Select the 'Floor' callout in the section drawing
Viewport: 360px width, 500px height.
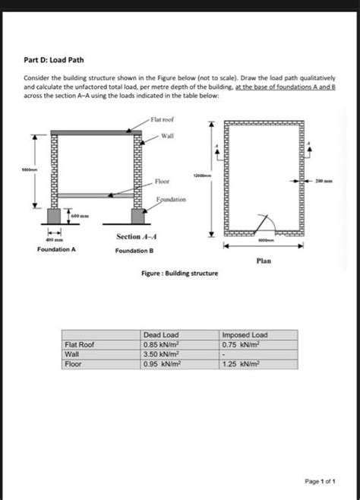162,181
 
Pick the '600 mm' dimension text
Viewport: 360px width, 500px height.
81,217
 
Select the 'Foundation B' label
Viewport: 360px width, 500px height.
134,250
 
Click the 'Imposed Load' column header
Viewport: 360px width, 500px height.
245,335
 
